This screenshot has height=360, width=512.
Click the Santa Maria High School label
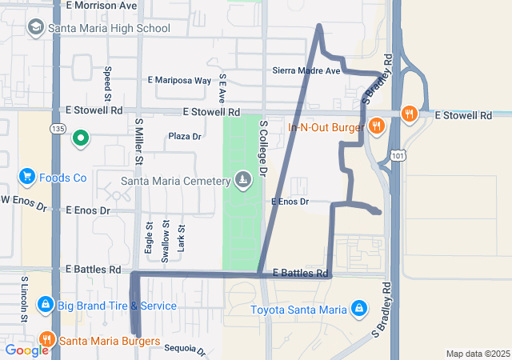(x=109, y=28)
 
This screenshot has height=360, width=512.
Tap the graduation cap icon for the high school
(x=35, y=28)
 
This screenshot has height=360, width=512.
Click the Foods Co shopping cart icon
(x=27, y=177)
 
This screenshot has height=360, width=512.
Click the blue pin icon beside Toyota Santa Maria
(x=360, y=309)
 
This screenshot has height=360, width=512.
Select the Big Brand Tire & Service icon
(x=45, y=305)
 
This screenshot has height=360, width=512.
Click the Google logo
(x=27, y=350)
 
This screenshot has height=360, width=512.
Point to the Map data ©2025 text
(x=477, y=354)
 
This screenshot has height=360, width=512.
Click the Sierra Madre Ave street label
(x=306, y=71)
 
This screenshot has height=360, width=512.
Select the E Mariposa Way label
(x=180, y=81)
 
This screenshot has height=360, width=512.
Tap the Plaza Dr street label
(x=185, y=137)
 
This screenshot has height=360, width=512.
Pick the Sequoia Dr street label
(x=185, y=349)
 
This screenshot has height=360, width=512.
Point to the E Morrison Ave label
(x=102, y=6)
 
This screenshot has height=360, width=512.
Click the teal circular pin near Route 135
(x=80, y=139)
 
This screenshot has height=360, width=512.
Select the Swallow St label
(x=166, y=238)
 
